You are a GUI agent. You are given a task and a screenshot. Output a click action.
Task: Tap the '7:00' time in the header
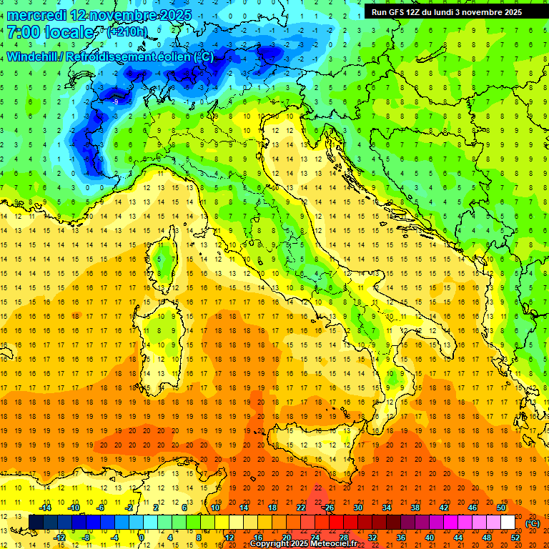(x=23, y=32)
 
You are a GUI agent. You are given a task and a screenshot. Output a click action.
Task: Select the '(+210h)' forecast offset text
(x=128, y=32)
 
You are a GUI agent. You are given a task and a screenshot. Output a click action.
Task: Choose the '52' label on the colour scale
(x=515, y=537)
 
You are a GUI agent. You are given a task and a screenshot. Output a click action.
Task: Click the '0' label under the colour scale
(x=142, y=537)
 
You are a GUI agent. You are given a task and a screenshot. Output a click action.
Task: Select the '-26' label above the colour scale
(x=328, y=508)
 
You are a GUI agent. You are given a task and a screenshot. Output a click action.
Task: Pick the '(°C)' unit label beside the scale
(x=533, y=523)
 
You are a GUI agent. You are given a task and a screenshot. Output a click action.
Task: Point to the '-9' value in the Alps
(x=115, y=102)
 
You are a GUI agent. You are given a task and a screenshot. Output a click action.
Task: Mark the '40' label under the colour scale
(x=429, y=537)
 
